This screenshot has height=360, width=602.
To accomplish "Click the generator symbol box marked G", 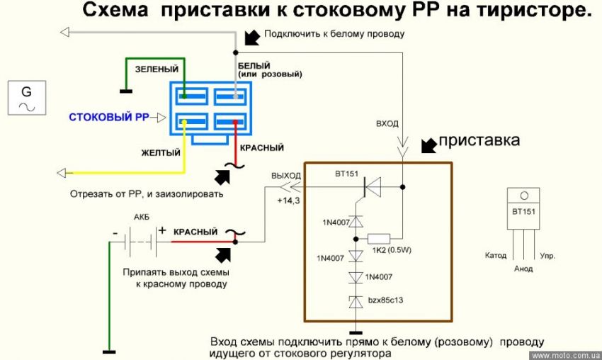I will click(27, 98).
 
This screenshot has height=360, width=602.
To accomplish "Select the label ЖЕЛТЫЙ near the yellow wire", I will click(159, 152).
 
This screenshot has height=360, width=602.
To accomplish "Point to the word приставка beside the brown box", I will click(479, 141).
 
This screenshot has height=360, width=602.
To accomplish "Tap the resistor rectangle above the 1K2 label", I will click(379, 238).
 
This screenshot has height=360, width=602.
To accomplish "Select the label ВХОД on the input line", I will click(387, 124).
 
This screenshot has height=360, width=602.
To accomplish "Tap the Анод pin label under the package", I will click(523, 269).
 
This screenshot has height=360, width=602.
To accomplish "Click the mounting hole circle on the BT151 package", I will click(523, 196).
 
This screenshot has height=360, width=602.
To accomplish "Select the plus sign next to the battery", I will click(161, 230).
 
